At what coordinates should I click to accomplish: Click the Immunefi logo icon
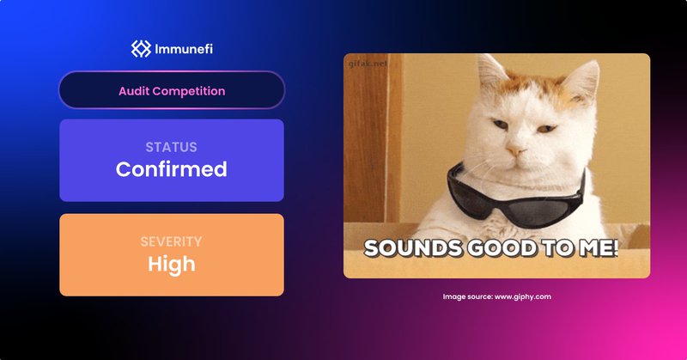point(140,49)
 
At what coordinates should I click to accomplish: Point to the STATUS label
point(171,147)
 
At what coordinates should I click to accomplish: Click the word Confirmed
point(171,169)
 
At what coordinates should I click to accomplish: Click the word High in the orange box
point(171,264)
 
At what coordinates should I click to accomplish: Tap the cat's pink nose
point(515,153)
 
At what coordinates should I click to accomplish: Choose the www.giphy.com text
point(522,296)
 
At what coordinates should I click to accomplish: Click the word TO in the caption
point(544,249)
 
